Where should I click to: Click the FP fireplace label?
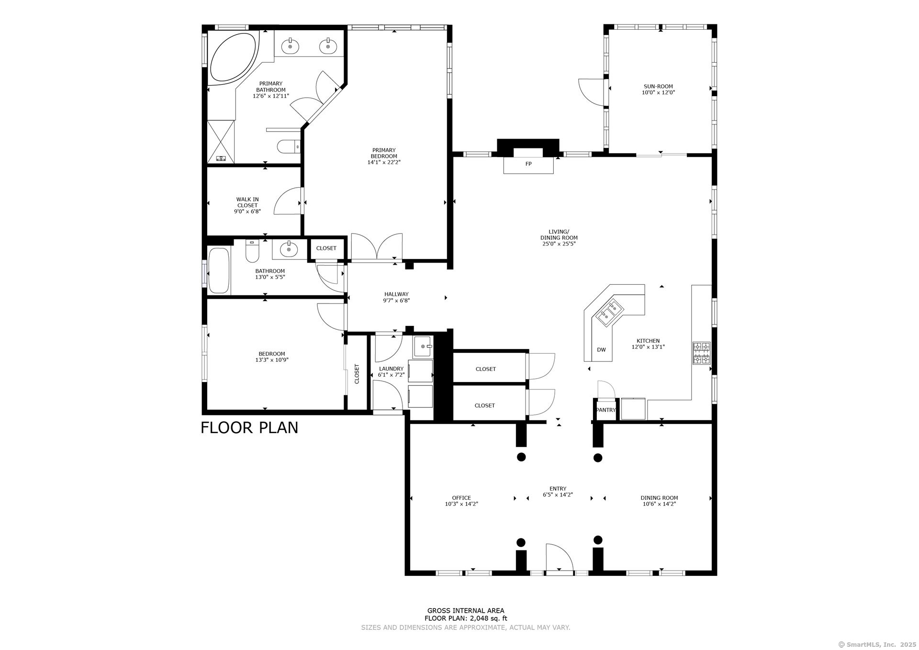[x=528, y=164]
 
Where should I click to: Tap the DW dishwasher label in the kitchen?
[x=601, y=350]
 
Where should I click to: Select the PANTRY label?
[x=605, y=410]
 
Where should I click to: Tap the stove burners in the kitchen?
[x=702, y=353]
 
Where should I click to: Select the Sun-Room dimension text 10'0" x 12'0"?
[x=658, y=93]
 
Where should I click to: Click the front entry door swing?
[x=559, y=558]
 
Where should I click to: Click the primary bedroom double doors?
[x=377, y=247]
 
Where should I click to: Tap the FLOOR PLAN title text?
[x=249, y=427]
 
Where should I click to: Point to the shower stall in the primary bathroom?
[x=221, y=141]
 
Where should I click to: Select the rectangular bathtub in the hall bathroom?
[x=219, y=270]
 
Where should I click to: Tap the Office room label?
[x=461, y=498]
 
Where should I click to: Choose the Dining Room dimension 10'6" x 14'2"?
[x=659, y=504]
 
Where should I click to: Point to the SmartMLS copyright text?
[x=877, y=644]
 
